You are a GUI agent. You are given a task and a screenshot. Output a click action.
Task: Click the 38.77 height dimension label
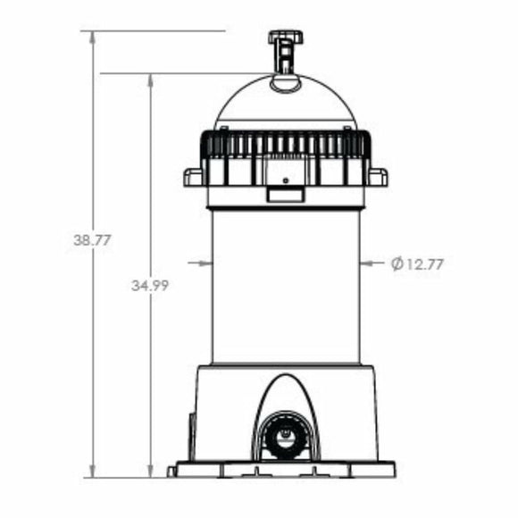click(x=92, y=240)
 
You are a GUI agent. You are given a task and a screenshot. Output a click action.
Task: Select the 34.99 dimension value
click(x=150, y=286)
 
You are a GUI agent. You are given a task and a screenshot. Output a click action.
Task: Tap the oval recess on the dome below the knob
click(x=286, y=83)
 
